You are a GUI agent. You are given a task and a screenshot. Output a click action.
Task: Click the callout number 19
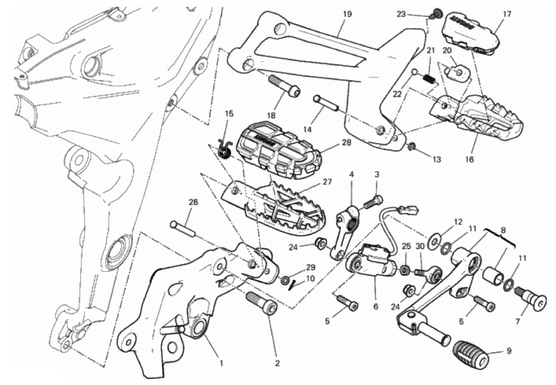(347, 14)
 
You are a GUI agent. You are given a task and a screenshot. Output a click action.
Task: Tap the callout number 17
(507, 14)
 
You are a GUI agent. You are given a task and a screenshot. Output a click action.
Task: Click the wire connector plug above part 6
(410, 210)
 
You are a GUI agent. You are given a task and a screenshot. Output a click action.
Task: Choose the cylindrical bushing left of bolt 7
(494, 274)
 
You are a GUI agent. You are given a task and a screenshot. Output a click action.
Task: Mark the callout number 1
(221, 363)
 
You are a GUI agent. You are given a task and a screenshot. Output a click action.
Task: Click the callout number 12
(457, 222)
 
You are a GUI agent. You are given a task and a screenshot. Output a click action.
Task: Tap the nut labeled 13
(412, 148)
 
